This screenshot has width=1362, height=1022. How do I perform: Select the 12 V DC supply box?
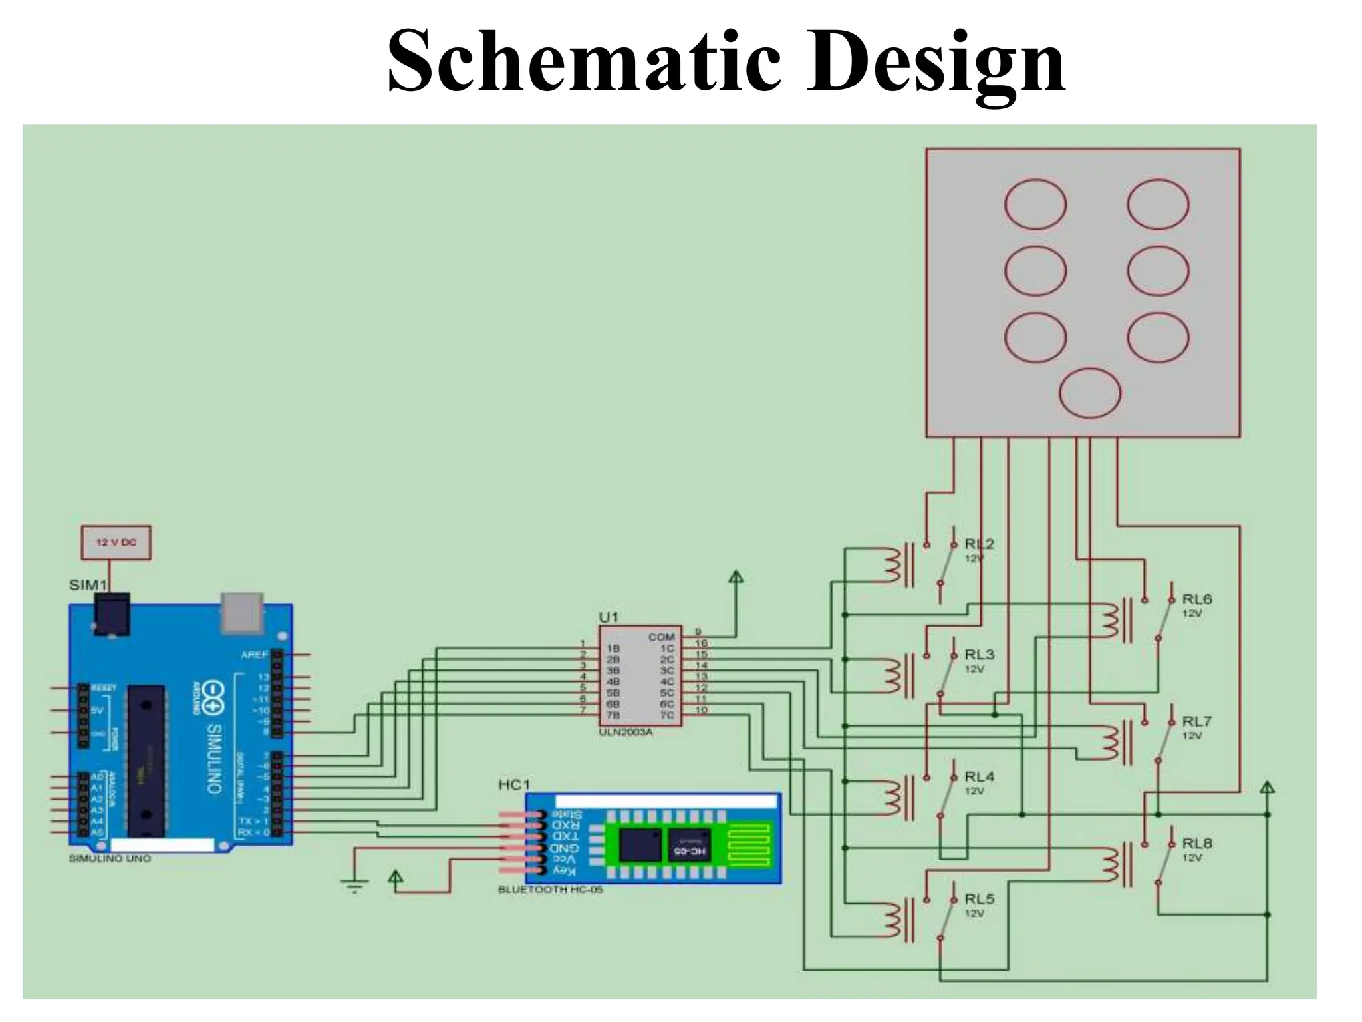[x=116, y=542]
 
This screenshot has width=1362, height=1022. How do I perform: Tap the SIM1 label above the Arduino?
[x=88, y=585]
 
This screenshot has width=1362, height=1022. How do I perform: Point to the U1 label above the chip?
[x=609, y=617]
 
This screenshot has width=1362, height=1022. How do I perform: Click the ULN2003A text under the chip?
[x=626, y=732]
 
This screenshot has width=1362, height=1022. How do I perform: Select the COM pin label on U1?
[x=661, y=637]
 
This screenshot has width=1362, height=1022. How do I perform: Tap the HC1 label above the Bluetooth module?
[x=514, y=785]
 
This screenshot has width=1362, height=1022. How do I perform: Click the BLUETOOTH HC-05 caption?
[x=550, y=889]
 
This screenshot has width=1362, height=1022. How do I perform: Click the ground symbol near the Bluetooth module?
[x=354, y=885]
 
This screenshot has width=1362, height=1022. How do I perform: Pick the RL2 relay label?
[x=979, y=544]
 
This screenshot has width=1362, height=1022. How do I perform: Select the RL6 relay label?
[x=1196, y=599]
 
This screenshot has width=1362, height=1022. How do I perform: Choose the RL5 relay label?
[x=979, y=899]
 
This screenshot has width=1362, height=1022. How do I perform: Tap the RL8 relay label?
[x=1196, y=843]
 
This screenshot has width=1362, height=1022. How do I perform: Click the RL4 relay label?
[x=979, y=776]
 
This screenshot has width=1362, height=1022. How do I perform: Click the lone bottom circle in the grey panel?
[x=1089, y=393]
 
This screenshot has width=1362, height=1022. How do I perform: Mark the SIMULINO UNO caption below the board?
[x=110, y=858]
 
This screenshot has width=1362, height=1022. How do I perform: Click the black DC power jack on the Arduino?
[x=112, y=613]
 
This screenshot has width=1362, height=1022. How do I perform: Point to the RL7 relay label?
[x=1196, y=721]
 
